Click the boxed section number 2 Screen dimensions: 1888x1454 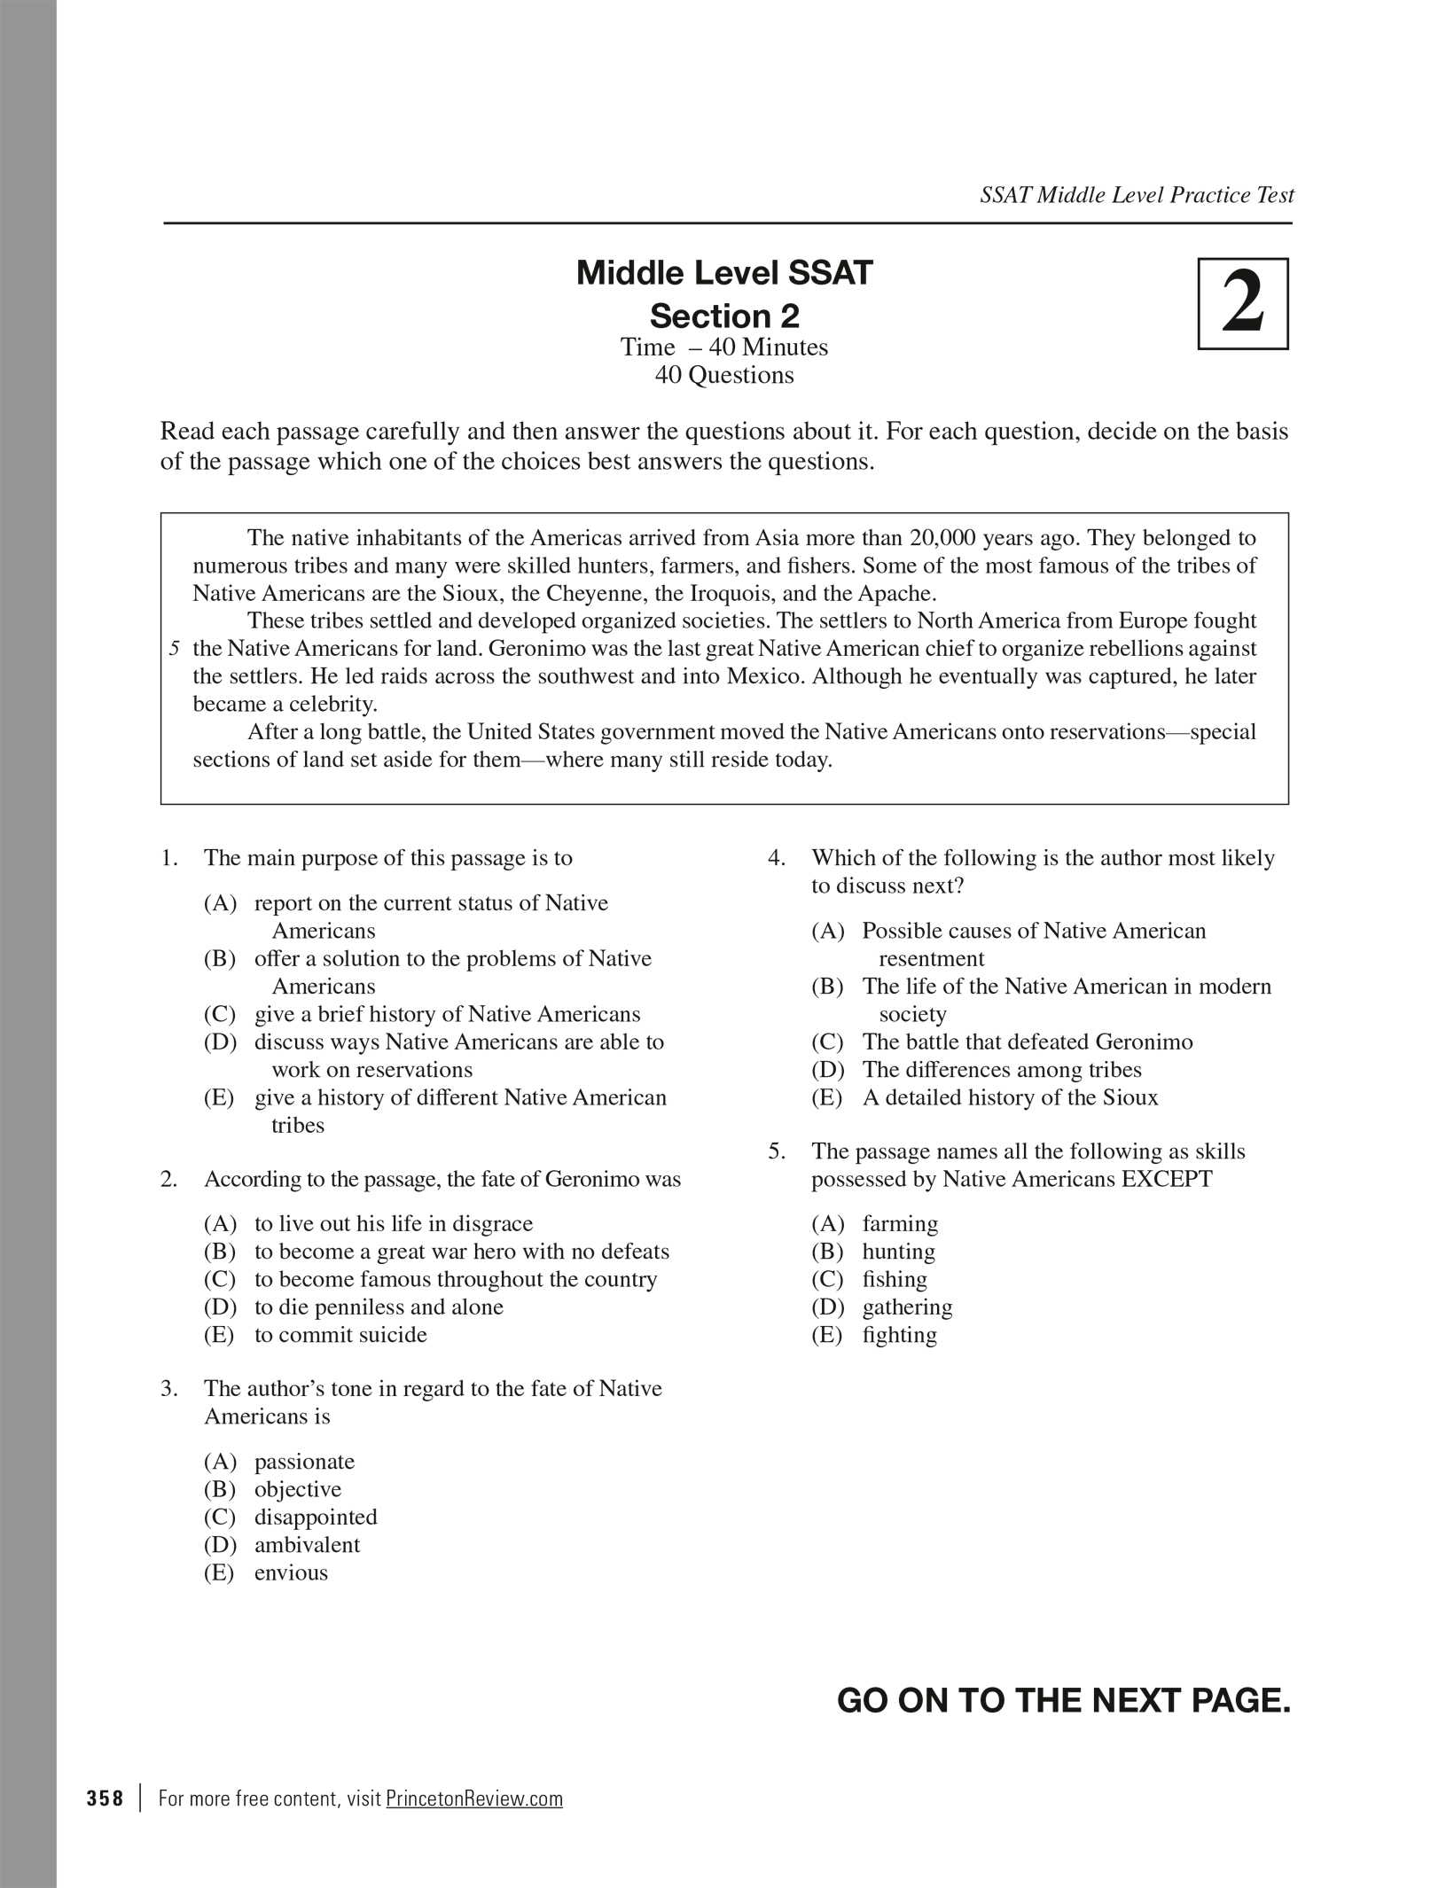1242,303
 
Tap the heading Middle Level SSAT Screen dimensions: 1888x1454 724,273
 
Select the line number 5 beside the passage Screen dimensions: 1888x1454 176,649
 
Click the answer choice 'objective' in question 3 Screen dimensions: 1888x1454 298,1489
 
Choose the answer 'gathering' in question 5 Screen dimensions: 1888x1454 907,1307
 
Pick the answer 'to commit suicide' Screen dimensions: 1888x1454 340,1335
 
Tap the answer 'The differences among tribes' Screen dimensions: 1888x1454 1002,1070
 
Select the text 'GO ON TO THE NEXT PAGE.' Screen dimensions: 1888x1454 1063,1700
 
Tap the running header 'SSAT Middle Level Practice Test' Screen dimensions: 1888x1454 1137,195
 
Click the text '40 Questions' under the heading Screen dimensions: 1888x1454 724,375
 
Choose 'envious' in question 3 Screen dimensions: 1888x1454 291,1572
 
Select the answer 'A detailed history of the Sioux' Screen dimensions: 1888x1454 1010,1097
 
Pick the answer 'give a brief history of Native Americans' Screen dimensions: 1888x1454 447,1014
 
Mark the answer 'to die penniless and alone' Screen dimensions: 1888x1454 379,1307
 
